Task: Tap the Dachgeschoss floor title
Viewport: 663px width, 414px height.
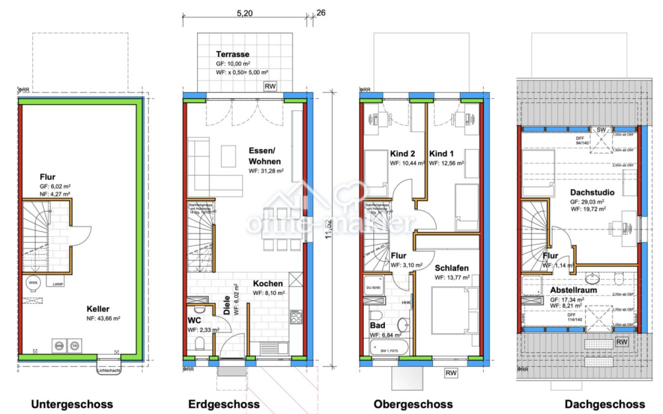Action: point(605,404)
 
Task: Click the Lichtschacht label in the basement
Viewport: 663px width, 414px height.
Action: point(109,370)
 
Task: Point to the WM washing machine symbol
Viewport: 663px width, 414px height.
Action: point(59,345)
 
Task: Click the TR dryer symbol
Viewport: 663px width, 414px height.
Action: point(74,345)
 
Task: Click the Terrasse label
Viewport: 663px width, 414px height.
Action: point(232,54)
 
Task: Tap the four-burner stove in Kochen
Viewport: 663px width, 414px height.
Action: point(295,317)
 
